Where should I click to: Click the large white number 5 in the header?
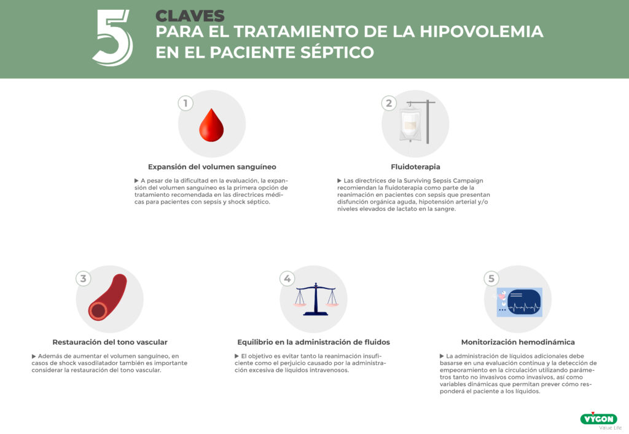pos(113,37)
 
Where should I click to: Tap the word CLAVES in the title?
pos(190,16)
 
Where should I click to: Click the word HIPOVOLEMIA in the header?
pos(482,31)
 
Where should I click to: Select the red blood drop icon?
pos(211,125)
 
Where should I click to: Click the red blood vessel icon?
pos(107,298)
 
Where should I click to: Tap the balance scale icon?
pos(316,299)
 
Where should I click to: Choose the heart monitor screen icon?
pos(520,302)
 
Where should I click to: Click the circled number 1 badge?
pos(186,103)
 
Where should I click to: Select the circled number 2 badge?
pos(389,103)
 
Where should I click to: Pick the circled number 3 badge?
pos(83,278)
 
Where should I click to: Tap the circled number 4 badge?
pos(287,278)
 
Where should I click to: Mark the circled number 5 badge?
pos(491,278)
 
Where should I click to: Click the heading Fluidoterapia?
pos(416,167)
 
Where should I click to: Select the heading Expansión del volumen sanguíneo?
pos(212,167)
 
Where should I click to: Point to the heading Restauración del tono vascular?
pos(110,342)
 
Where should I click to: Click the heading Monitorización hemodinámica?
pos(518,342)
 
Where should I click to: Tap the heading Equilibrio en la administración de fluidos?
pos(314,342)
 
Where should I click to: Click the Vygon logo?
pos(599,419)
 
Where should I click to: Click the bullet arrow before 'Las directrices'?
pos(339,181)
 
